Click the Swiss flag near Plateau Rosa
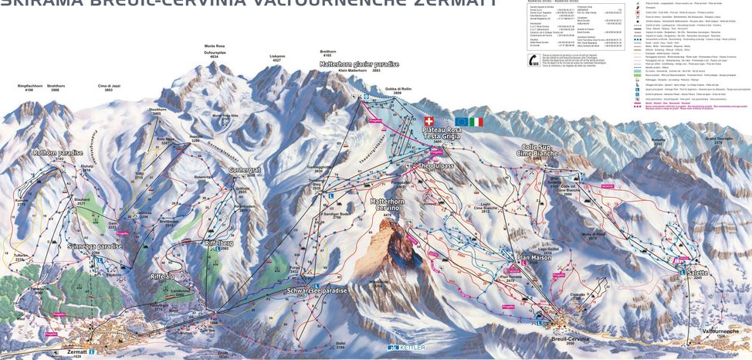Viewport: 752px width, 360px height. click(429, 121)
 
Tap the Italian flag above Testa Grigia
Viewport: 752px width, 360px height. click(476, 122)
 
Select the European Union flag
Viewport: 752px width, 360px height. click(462, 122)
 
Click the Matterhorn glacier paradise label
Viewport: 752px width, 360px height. click(361, 64)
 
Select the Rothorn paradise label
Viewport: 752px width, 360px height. click(58, 153)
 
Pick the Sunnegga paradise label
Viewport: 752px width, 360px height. click(96, 246)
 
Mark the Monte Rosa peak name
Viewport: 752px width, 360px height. click(214, 46)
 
